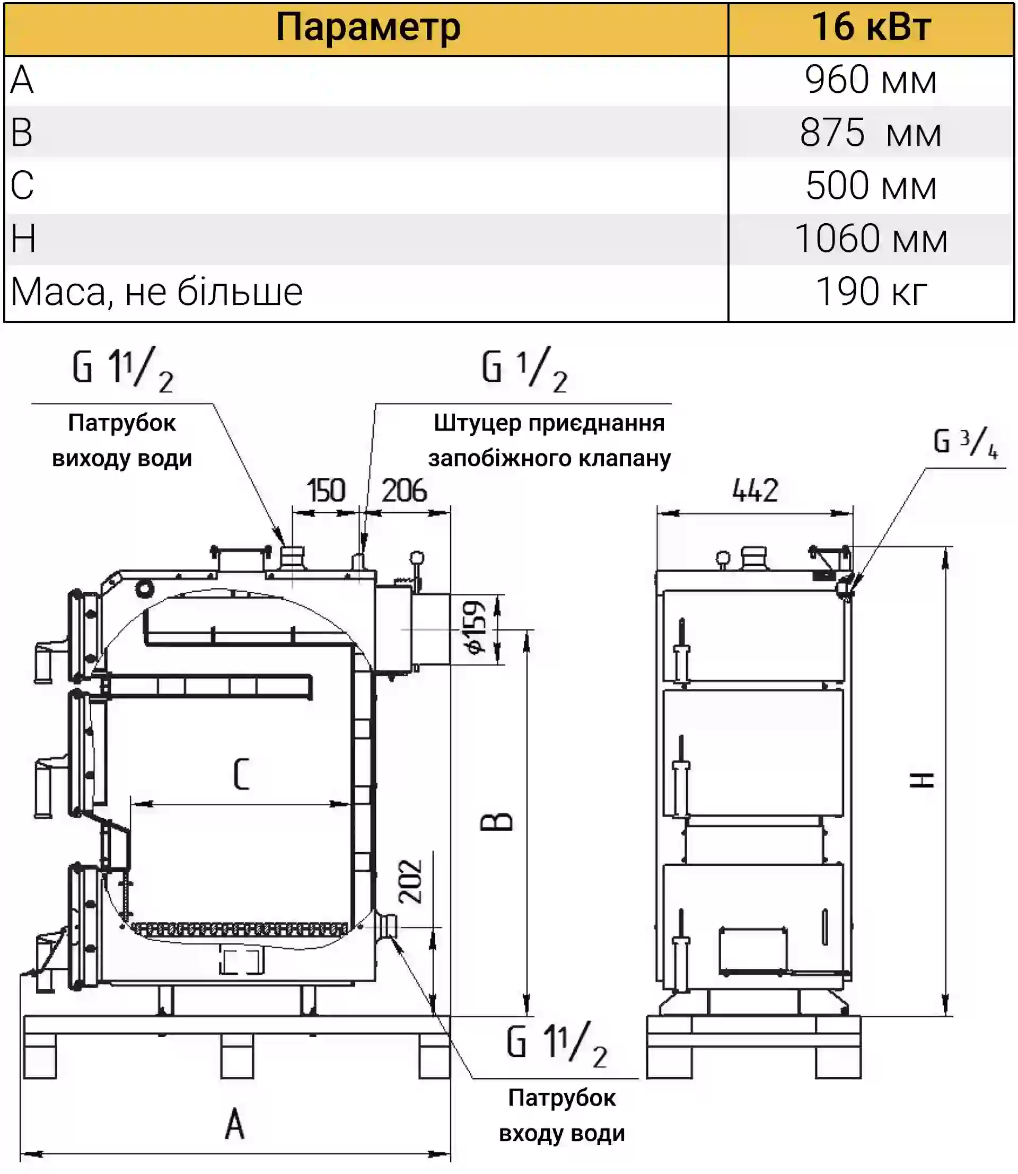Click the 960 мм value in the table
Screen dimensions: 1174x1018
(x=870, y=80)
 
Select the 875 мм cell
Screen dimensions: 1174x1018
(x=870, y=133)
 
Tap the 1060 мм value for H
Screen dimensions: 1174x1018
(x=870, y=239)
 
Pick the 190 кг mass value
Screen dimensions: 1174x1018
(x=870, y=292)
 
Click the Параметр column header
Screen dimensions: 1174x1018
(x=367, y=27)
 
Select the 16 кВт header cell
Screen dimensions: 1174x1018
(x=870, y=27)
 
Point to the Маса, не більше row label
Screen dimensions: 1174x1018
(x=157, y=292)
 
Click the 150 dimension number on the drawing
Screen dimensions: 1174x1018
(x=326, y=490)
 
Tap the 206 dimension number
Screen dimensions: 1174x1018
(x=404, y=490)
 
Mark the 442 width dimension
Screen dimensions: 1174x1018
(x=754, y=490)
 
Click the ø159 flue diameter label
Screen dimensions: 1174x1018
(x=475, y=627)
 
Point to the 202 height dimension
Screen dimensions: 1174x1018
(x=411, y=881)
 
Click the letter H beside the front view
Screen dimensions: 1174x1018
(x=922, y=780)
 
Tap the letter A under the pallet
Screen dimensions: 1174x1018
(x=234, y=1124)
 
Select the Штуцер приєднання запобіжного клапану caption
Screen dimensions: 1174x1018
(x=549, y=441)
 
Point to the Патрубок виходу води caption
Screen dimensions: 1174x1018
(x=122, y=441)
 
